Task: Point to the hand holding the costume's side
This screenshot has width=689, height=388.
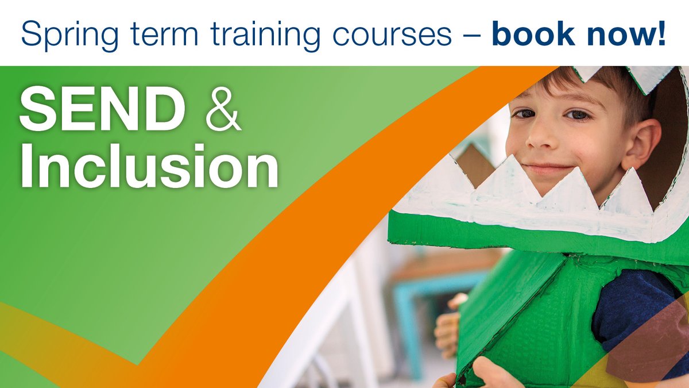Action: point(448,328)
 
